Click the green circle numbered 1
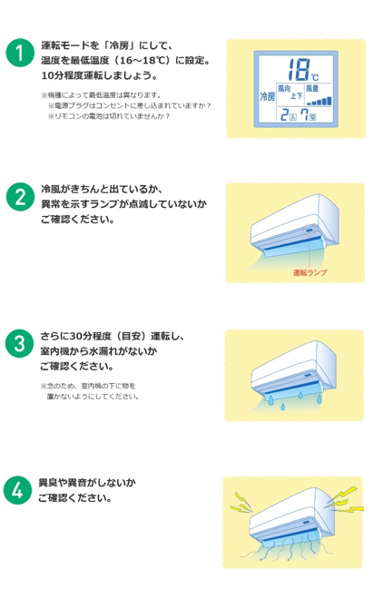(x=19, y=53)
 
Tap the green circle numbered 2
(x=20, y=197)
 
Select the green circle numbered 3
(x=19, y=343)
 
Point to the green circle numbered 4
(x=17, y=490)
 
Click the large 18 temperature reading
(x=299, y=69)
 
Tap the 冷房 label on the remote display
(x=268, y=96)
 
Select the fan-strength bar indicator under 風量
(x=319, y=101)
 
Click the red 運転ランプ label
(x=309, y=272)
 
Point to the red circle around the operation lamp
(x=309, y=231)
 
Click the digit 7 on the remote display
(x=304, y=114)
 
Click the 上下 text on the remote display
(x=297, y=95)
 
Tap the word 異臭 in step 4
(x=48, y=483)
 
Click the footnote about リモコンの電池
(x=109, y=116)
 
